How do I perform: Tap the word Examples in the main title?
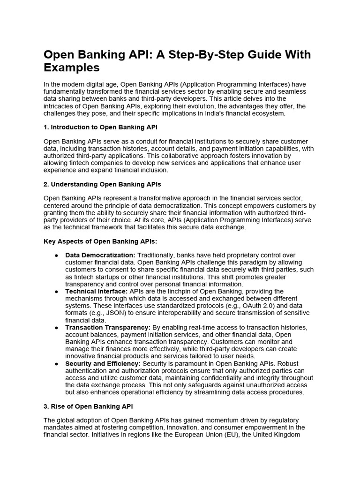pyautogui.click(x=72, y=67)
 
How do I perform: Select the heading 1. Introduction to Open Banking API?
pyautogui.click(x=104, y=127)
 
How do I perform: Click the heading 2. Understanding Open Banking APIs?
pyautogui.click(x=102, y=184)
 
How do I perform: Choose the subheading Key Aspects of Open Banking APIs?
pyautogui.click(x=100, y=241)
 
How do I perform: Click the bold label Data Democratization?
pyautogui.click(x=100, y=255)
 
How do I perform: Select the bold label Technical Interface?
pyautogui.click(x=96, y=291)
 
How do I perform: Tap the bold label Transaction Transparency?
pyautogui.click(x=108, y=327)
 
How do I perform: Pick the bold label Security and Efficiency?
pyautogui.click(x=103, y=363)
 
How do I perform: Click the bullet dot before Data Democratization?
pyautogui.click(x=57, y=255)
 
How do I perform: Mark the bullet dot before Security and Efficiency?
pyautogui.click(x=57, y=363)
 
